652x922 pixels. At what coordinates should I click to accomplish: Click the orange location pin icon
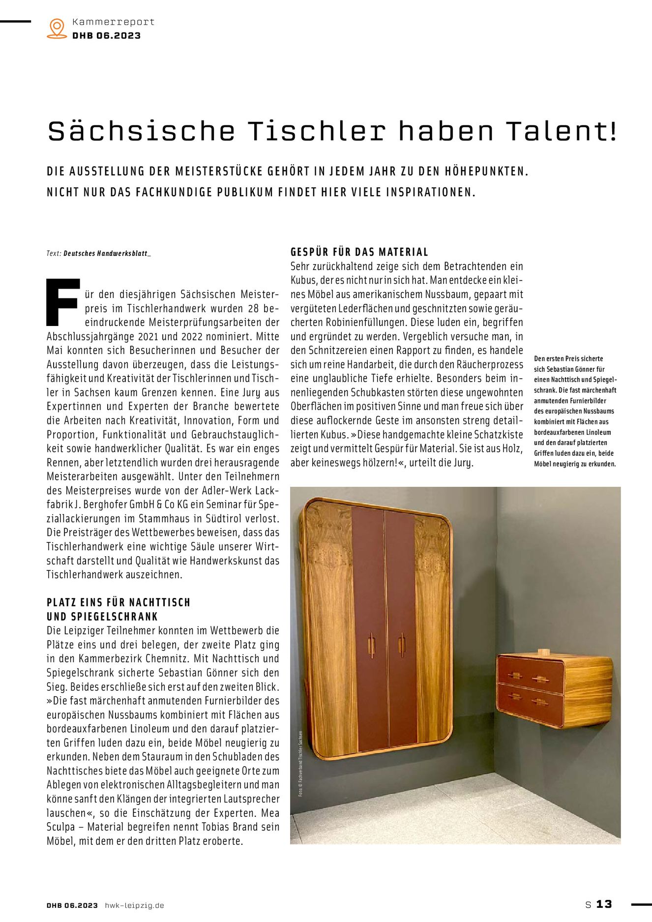[57, 28]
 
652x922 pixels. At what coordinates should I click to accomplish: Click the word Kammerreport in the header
[113, 22]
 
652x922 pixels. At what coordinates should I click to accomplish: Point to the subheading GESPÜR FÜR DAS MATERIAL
[359, 252]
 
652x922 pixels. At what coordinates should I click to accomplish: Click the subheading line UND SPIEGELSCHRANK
[102, 617]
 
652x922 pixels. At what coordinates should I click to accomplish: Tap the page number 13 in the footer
[604, 904]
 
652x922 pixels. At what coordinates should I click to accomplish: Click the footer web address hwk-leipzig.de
[134, 905]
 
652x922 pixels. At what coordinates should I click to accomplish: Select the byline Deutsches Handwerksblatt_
[107, 254]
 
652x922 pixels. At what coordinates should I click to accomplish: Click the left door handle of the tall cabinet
[371, 646]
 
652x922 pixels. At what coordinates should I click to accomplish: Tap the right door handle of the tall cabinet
[402, 645]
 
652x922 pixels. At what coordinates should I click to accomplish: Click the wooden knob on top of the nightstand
[543, 652]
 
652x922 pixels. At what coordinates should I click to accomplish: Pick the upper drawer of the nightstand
[531, 675]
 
